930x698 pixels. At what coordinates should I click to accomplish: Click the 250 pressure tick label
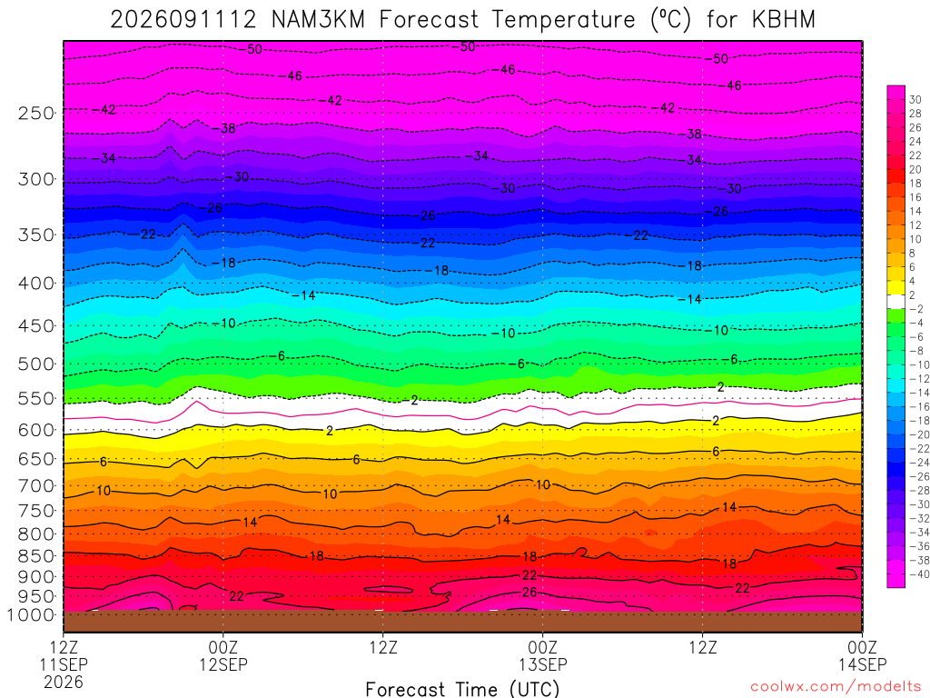coord(36,113)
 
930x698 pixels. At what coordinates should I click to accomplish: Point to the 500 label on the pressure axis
coord(36,364)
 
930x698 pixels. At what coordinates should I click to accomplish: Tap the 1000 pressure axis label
coord(31,615)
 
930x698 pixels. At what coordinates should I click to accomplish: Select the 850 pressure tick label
coord(36,556)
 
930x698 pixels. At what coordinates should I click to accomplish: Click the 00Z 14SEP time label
coord(862,656)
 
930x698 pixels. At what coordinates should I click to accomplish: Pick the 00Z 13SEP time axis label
coord(543,656)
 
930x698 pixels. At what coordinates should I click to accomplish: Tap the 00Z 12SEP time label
coord(223,656)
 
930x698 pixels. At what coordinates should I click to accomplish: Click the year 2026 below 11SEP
coord(64,682)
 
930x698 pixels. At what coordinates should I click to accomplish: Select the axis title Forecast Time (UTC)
coord(462,689)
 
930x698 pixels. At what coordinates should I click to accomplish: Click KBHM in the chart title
coord(784,20)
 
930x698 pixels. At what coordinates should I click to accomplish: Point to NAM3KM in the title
coord(318,20)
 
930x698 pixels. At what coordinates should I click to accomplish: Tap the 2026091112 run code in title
coord(183,20)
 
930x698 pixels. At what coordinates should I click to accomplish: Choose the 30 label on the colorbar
coord(915,100)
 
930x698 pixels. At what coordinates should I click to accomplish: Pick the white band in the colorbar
coord(896,302)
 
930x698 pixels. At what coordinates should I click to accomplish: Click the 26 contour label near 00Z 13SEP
coord(529,593)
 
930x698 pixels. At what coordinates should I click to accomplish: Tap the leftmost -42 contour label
coord(104,110)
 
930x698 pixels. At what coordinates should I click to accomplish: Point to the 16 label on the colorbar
coord(915,197)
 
